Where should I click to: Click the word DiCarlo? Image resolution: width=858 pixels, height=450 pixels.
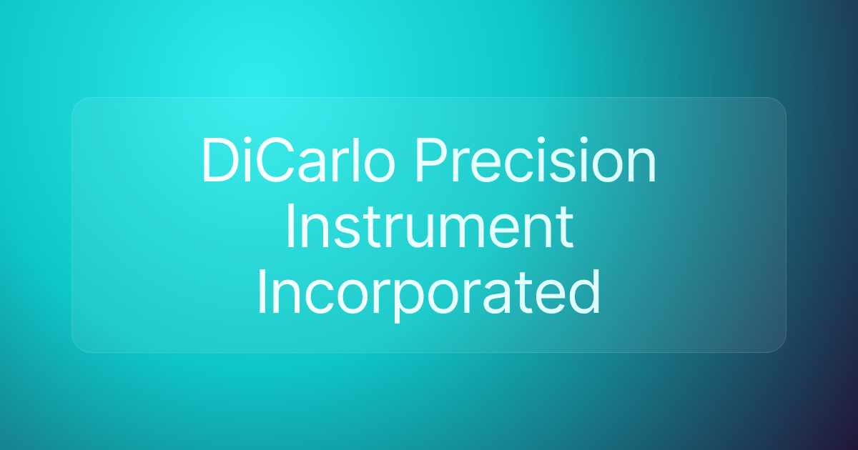pos(298,159)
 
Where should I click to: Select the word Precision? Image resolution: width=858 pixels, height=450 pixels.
pos(536,159)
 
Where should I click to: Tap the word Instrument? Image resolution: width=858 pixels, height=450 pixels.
pos(429,226)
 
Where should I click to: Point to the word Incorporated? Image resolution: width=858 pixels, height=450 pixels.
pos(428,292)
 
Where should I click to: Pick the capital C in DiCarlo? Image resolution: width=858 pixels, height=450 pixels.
pos(275,160)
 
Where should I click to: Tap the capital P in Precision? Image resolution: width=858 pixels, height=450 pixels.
pos(432,160)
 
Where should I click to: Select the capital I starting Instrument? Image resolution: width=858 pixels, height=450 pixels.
pos(290,226)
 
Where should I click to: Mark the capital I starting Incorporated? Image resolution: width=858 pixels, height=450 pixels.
pos(262,292)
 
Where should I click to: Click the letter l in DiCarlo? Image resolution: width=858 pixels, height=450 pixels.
pos(355,159)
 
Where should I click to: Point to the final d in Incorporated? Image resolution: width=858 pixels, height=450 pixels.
pos(584,291)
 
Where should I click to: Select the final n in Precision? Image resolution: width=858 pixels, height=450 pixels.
pos(642,165)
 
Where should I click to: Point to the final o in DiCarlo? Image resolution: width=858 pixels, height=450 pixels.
pos(379,166)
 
